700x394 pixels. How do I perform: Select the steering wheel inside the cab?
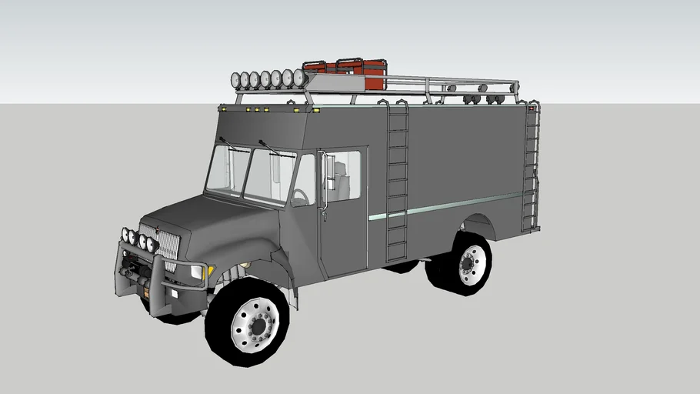tap(300, 197)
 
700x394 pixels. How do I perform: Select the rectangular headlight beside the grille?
tap(197, 272)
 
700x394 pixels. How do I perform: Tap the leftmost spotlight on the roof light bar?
tap(235, 79)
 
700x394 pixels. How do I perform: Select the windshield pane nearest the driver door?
tap(271, 176)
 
